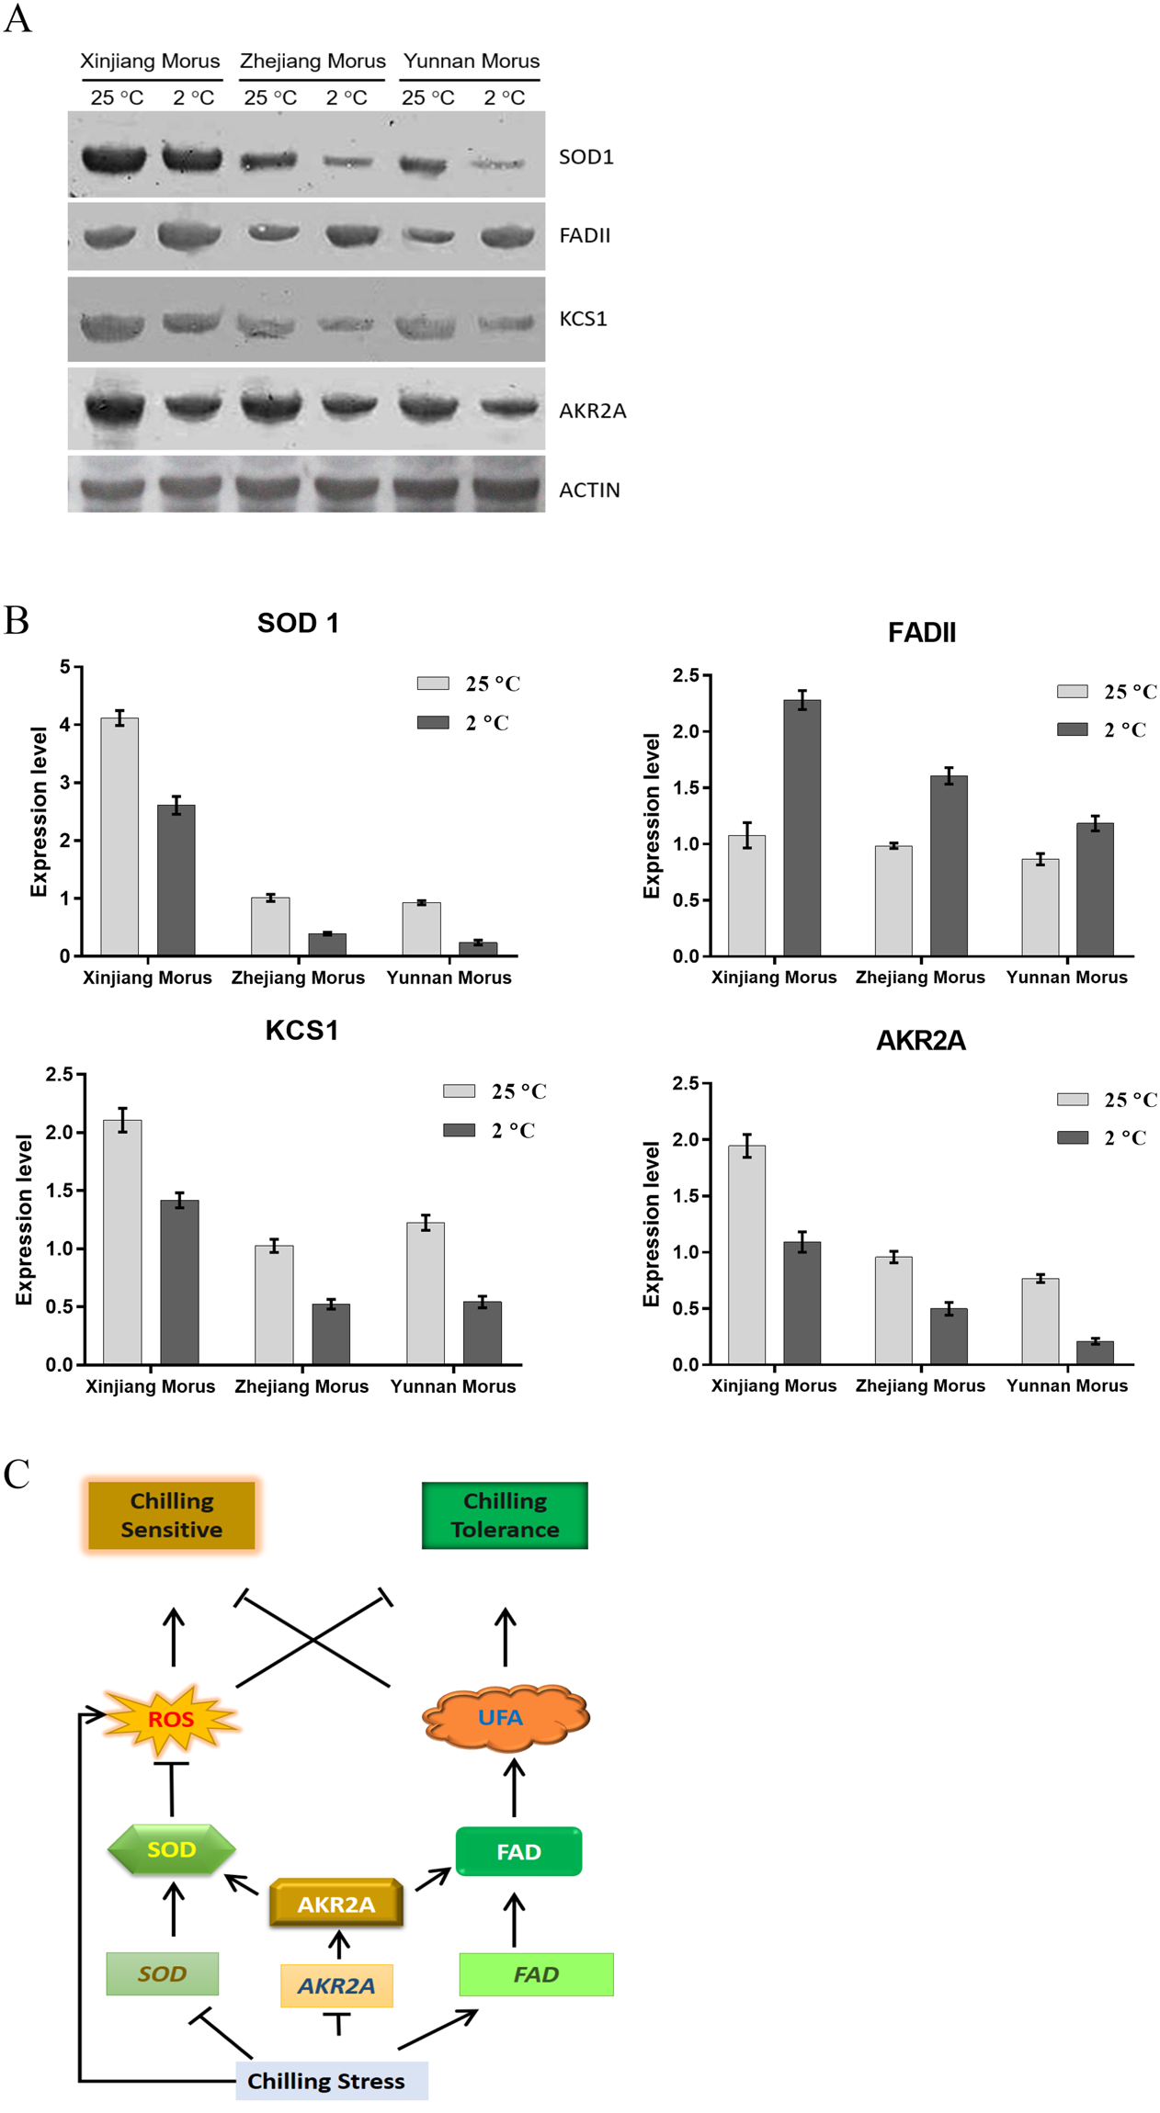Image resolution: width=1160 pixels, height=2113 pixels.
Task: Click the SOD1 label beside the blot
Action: tap(586, 157)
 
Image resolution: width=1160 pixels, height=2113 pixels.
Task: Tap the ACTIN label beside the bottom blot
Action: tap(589, 491)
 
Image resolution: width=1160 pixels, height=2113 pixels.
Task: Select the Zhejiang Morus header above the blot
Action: tap(313, 62)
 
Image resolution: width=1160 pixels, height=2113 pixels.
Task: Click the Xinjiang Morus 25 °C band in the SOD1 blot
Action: tap(114, 159)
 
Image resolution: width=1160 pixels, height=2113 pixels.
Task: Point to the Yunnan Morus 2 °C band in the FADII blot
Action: tap(507, 237)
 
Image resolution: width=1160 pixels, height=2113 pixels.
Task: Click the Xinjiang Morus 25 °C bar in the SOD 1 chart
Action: tap(119, 836)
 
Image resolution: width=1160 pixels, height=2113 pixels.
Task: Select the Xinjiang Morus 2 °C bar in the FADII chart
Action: tap(802, 827)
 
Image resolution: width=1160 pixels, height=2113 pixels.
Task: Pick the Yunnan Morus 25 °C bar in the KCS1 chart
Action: tap(426, 1293)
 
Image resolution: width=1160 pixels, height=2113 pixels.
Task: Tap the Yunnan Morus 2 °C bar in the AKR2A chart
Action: tap(1095, 1352)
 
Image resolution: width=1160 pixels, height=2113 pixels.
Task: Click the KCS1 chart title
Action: tap(301, 1031)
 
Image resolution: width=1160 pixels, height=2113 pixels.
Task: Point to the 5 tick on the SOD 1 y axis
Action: tap(64, 667)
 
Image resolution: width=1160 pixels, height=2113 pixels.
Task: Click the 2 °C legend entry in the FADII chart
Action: tap(1102, 729)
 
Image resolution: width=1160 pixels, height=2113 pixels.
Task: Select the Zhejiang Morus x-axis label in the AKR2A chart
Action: tap(920, 1385)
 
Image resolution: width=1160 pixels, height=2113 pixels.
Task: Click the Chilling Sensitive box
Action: tap(172, 1515)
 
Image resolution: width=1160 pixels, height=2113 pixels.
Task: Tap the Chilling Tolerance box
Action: tap(505, 1515)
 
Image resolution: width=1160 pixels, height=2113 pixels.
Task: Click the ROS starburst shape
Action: tap(171, 1718)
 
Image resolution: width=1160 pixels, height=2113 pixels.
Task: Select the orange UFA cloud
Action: tap(505, 1716)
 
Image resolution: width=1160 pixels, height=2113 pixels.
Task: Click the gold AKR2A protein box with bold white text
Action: tap(336, 1904)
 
